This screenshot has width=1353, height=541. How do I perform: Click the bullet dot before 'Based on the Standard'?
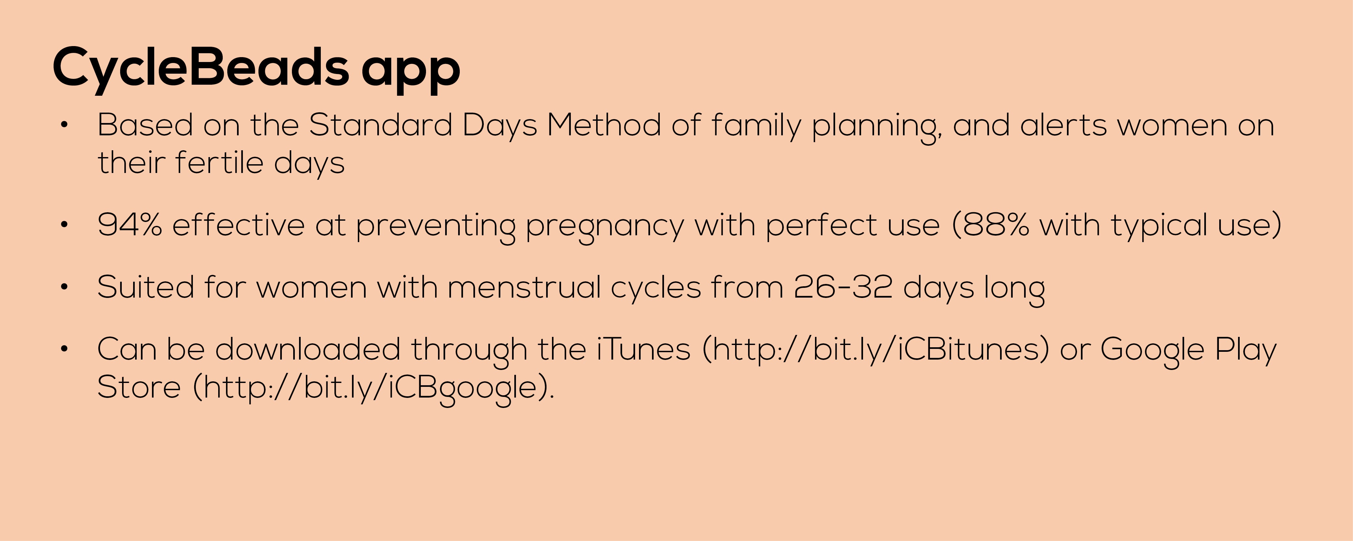click(x=64, y=125)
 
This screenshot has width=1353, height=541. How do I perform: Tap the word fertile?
click(x=219, y=162)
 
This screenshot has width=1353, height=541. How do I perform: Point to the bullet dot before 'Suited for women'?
click(x=64, y=287)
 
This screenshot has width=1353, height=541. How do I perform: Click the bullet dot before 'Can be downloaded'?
click(x=64, y=349)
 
